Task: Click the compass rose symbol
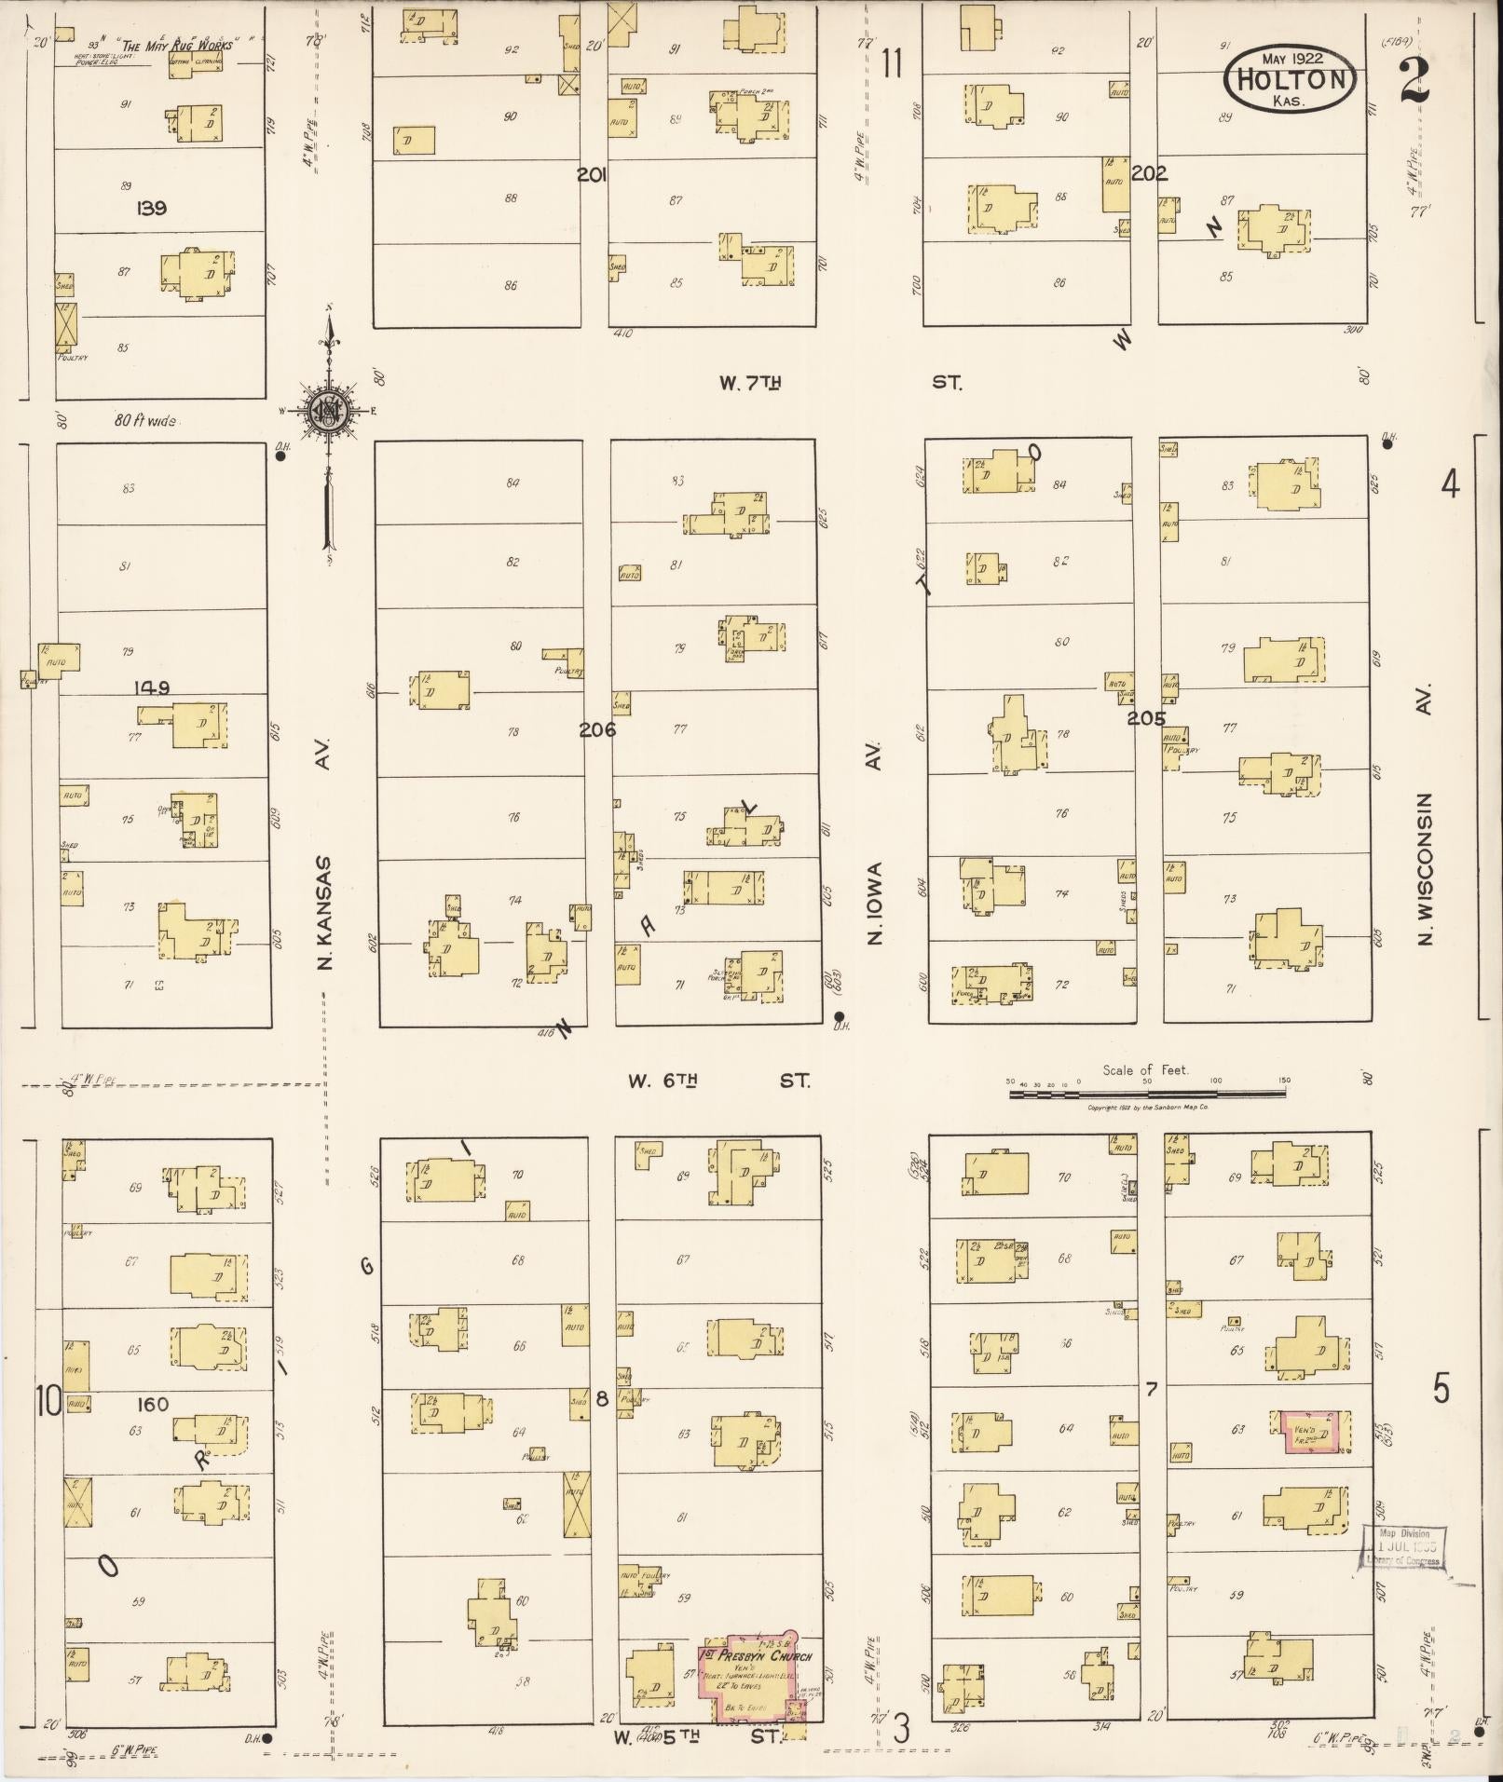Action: pyautogui.click(x=328, y=410)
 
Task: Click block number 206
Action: pyautogui.click(x=597, y=729)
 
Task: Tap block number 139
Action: pyautogui.click(x=150, y=208)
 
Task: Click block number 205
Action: pyautogui.click(x=1146, y=718)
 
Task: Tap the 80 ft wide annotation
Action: pyautogui.click(x=144, y=421)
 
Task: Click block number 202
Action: pyautogui.click(x=1150, y=172)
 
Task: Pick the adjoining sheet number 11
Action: pyautogui.click(x=892, y=64)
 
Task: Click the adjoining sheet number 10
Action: pyautogui.click(x=48, y=1399)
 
